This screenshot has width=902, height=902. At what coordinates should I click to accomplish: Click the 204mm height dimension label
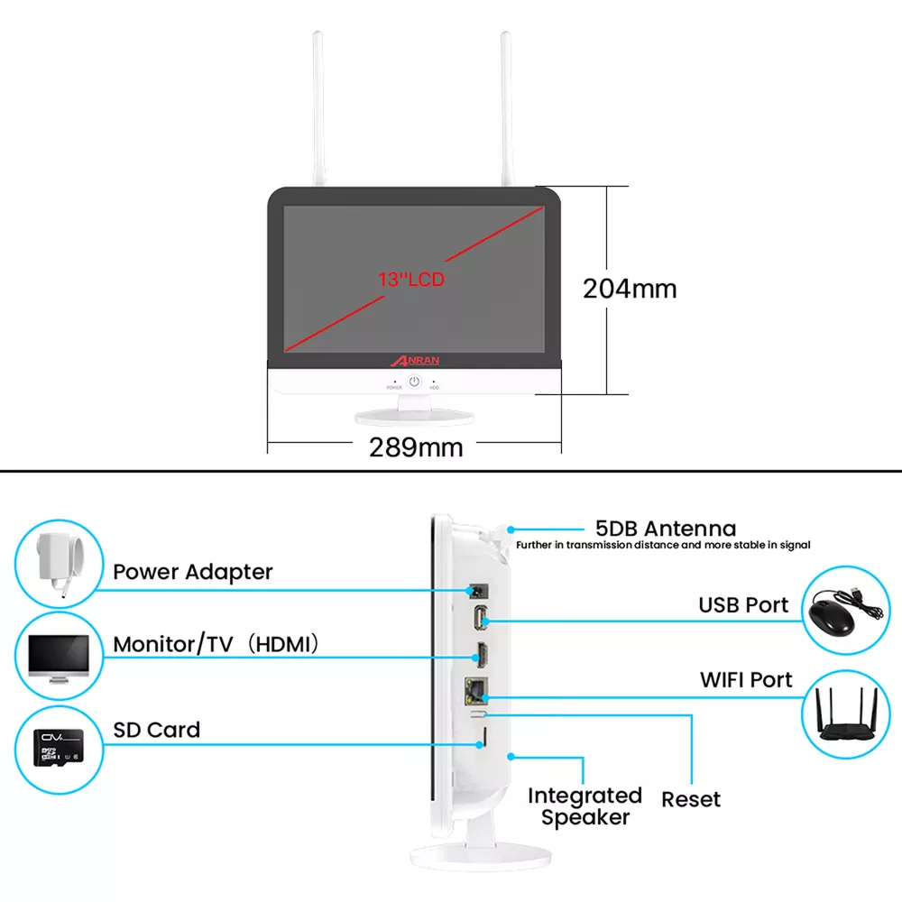click(x=629, y=289)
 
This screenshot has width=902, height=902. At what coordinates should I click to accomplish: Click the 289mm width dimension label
click(x=416, y=446)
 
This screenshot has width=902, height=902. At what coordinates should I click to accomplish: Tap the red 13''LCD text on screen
click(x=411, y=280)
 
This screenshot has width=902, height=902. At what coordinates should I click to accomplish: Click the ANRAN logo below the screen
click(x=416, y=360)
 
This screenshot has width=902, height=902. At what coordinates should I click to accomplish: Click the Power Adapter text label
click(x=192, y=572)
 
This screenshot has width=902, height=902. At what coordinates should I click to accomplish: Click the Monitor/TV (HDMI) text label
click(x=217, y=645)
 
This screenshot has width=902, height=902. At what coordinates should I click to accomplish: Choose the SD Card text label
click(x=157, y=730)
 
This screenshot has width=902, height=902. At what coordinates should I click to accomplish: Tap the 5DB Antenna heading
click(x=666, y=529)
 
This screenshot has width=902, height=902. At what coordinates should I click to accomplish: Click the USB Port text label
click(x=743, y=604)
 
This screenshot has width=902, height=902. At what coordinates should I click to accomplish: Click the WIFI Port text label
click(x=746, y=679)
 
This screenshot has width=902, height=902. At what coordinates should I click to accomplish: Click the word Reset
click(x=691, y=799)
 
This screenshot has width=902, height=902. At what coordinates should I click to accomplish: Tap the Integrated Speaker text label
click(x=584, y=806)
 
